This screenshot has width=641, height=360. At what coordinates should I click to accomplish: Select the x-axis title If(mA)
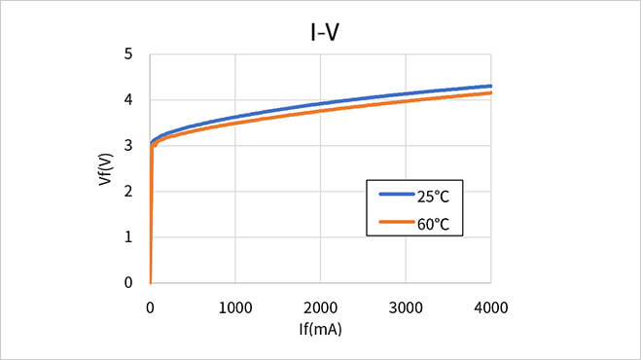click(320, 328)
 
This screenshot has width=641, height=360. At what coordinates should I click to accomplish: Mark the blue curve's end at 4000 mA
click(489, 87)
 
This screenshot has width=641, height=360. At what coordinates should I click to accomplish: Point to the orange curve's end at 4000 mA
click(489, 93)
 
